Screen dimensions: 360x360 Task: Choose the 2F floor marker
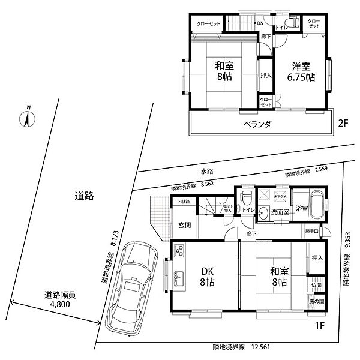(x=342, y=125)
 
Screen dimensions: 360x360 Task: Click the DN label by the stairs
(x=260, y=23)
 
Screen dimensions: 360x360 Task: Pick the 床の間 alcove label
(x=317, y=301)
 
